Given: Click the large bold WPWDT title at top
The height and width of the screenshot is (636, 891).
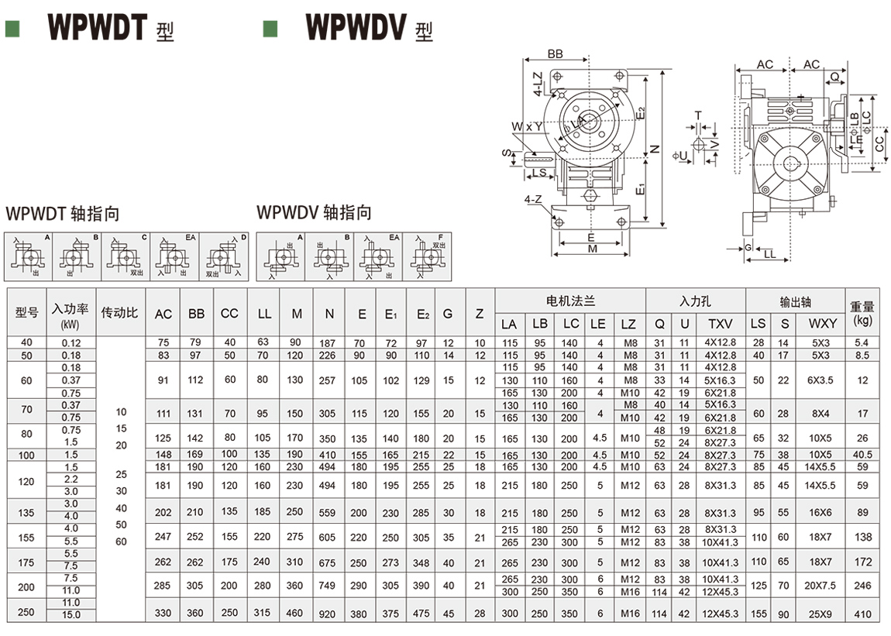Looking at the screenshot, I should click(x=98, y=26).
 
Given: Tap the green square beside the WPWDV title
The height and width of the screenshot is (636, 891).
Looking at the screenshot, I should click(x=270, y=29).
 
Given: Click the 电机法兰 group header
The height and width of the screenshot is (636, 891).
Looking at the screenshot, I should click(x=570, y=300).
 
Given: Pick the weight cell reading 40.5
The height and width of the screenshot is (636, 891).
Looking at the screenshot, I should click(x=862, y=455).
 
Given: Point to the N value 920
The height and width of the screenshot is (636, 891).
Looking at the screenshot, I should click(x=329, y=613).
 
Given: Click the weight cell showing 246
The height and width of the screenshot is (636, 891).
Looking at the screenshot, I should click(x=862, y=586).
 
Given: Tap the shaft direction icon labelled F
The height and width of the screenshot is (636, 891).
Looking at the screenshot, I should click(x=425, y=256).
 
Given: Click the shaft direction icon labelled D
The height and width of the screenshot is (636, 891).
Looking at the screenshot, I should click(x=225, y=256).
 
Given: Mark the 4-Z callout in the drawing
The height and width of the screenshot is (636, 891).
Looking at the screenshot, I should click(x=533, y=199).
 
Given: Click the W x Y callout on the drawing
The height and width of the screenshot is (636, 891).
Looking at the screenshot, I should click(x=526, y=126).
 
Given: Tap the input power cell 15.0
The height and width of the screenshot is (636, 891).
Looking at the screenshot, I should click(x=71, y=615).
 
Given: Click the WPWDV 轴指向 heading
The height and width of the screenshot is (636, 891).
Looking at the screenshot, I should click(x=314, y=212).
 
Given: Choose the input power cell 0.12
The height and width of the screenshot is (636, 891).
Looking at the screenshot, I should click(x=71, y=342).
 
